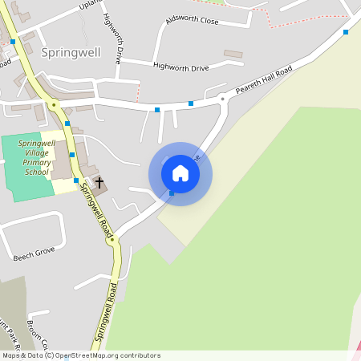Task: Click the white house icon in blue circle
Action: (x=180, y=173)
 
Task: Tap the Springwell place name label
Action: (x=71, y=51)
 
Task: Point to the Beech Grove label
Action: (x=34, y=254)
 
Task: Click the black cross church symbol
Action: (x=99, y=183)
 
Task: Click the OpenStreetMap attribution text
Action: (x=81, y=355)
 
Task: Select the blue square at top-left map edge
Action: (x=13, y=41)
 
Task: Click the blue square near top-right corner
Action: (x=346, y=32)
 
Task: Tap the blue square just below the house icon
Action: (x=172, y=193)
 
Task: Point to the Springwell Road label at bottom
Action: (x=107, y=313)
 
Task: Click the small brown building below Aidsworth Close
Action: (x=233, y=54)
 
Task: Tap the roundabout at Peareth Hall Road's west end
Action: (x=222, y=99)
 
